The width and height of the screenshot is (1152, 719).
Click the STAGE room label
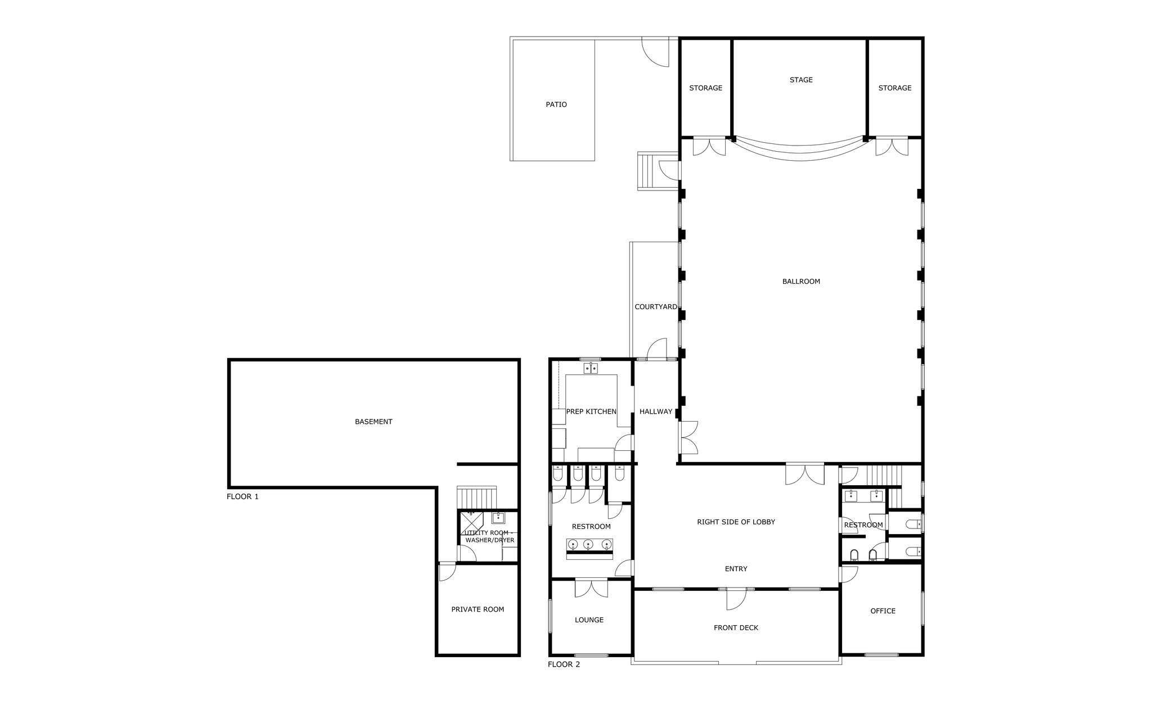click(x=801, y=80)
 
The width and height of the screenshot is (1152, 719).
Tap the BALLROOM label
click(x=801, y=282)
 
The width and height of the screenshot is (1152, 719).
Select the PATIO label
click(x=556, y=105)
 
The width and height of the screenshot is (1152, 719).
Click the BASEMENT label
click(x=373, y=422)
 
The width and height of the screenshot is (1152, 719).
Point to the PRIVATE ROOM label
click(x=478, y=609)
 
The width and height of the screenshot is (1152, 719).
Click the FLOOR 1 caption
click(x=242, y=497)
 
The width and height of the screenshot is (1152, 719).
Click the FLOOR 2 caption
click(x=564, y=664)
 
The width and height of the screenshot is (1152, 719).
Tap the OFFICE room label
click(x=883, y=611)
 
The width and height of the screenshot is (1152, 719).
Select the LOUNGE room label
click(x=589, y=620)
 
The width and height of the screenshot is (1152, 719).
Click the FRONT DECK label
click(x=736, y=628)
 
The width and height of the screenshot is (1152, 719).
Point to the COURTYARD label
click(x=656, y=307)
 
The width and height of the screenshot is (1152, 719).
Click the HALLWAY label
click(x=656, y=411)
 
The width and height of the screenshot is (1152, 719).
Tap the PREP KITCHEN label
click(x=591, y=411)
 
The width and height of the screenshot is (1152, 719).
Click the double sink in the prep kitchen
click(x=591, y=369)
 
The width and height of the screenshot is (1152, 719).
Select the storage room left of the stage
click(x=705, y=88)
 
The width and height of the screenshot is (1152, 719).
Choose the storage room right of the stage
click(x=894, y=88)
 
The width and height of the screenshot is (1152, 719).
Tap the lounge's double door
click(x=591, y=588)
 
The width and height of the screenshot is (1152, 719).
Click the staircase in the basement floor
click(x=476, y=497)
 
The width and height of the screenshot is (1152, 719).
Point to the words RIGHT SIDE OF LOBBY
click(x=736, y=522)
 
